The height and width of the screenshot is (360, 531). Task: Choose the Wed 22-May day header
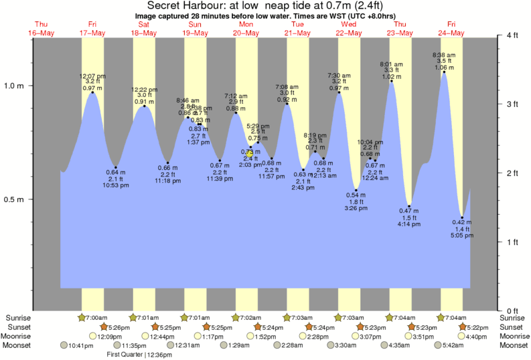coord(348,28)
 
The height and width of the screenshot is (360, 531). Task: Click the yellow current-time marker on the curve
coord(250,153)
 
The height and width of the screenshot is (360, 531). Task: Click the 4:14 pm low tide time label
coord(408,224)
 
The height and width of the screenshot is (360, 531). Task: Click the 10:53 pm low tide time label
coord(116,185)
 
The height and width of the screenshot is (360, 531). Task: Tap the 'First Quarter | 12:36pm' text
coord(139,354)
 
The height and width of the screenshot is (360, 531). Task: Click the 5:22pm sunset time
coord(475,327)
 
